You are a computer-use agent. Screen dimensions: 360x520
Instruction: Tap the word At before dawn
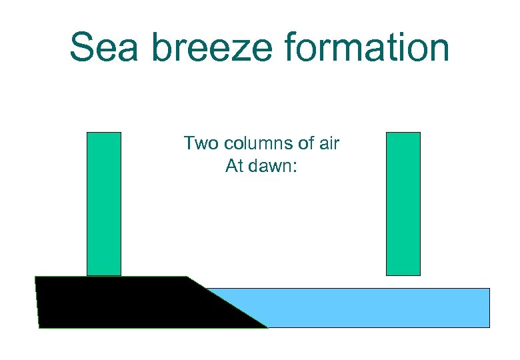point(235,166)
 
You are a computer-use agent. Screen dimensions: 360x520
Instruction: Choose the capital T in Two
point(189,143)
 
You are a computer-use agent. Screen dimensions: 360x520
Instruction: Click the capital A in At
point(231,166)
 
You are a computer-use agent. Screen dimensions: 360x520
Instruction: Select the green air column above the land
point(104,203)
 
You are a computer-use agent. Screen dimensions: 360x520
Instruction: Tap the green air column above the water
point(403,203)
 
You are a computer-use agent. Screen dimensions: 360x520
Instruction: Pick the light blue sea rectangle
point(373,307)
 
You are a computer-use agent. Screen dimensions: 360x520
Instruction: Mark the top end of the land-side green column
point(104,134)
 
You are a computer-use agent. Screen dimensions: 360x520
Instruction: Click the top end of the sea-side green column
point(403,134)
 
